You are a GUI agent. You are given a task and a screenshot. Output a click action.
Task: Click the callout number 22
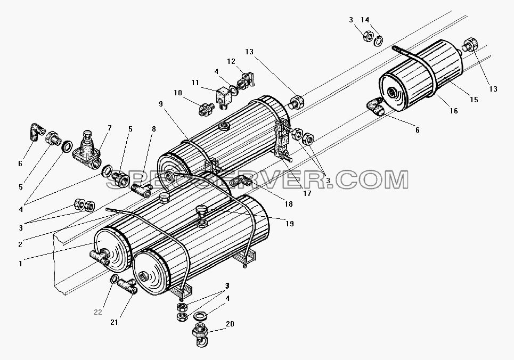pos(98,312)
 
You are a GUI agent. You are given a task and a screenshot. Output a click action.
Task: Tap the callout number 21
pos(114,322)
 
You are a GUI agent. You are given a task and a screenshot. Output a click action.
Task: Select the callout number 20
pos(230,324)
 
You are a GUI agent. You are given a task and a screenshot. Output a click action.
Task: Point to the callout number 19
pos(289,224)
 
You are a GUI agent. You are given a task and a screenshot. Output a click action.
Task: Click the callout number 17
pos(307,193)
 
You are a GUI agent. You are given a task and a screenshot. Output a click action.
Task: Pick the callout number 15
pos(474,100)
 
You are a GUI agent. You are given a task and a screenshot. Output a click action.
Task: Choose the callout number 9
pos(161,104)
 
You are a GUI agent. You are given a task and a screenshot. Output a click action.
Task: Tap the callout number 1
pos(20,264)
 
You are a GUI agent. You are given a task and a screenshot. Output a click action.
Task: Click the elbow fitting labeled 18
pos(240,181)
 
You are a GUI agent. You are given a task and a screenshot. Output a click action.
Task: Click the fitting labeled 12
pos(246,80)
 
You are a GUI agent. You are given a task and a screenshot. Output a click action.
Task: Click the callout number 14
pos(365,20)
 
